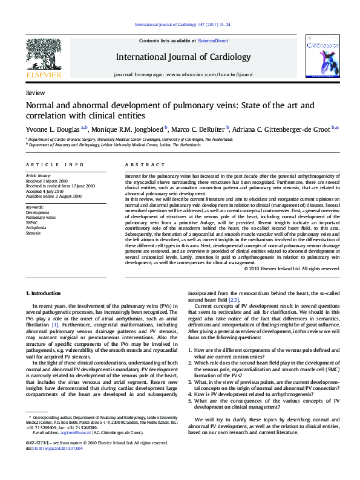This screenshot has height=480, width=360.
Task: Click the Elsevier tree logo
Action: pyautogui.click(x=44, y=54)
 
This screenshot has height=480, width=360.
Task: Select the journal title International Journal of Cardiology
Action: pyautogui.click(x=182, y=57)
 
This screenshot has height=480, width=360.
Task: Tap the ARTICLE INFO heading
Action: pyautogui.click(x=54, y=164)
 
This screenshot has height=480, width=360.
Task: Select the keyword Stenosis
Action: pyautogui.click(x=34, y=233)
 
